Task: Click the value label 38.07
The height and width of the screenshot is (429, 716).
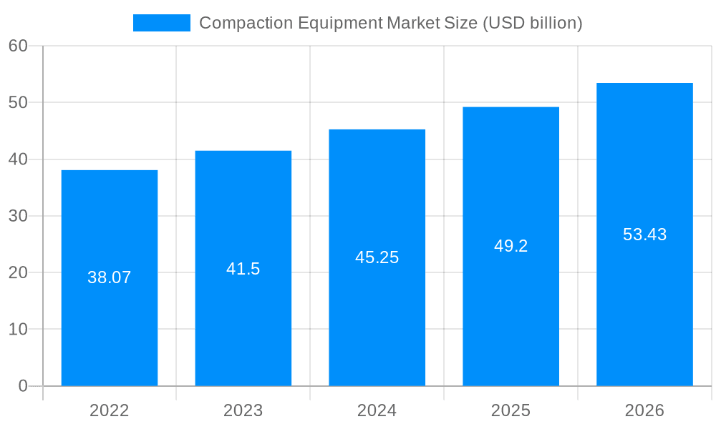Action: tap(110, 277)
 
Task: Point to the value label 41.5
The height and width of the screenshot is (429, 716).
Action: tap(243, 269)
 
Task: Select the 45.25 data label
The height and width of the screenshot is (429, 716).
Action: tap(377, 257)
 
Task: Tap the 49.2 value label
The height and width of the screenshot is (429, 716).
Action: tap(511, 246)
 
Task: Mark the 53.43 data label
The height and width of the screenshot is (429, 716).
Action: tap(644, 235)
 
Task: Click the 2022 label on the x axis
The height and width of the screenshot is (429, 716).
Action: tap(110, 410)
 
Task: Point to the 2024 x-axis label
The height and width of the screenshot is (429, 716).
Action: tap(377, 410)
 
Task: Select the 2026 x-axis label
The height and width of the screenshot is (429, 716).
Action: tap(644, 410)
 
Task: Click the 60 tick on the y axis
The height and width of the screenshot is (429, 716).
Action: tap(18, 46)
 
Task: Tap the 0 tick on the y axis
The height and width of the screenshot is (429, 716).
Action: tap(23, 386)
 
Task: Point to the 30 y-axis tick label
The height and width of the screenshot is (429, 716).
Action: tap(18, 216)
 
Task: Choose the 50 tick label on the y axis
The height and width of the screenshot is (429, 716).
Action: tap(18, 102)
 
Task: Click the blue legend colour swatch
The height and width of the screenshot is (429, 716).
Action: tap(162, 23)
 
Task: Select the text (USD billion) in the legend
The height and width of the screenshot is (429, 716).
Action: tap(533, 23)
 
